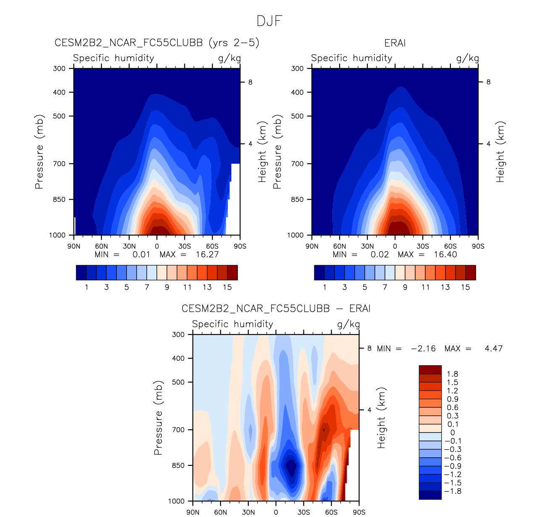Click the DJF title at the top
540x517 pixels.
pyautogui.click(x=269, y=21)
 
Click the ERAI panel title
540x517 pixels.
pyautogui.click(x=395, y=43)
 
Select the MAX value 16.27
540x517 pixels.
pyautogui.click(x=207, y=254)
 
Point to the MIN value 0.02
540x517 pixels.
pyautogui.click(x=379, y=254)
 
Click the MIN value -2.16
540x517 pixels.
pyautogui.click(x=423, y=348)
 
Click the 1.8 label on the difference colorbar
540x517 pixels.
pyautogui.click(x=453, y=374)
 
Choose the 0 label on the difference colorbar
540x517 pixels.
pyautogui.click(x=453, y=433)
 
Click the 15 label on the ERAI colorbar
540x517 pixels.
pyautogui.click(x=466, y=287)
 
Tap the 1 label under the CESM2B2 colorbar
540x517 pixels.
pyautogui.click(x=87, y=287)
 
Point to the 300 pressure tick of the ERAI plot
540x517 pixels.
pyautogui.click(x=298, y=69)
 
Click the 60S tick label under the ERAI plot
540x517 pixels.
pyautogui.click(x=450, y=246)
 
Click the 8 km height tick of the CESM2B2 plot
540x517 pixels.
pyautogui.click(x=250, y=82)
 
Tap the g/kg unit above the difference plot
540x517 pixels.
pyautogui.click(x=348, y=324)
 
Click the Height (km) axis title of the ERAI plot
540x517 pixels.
pyautogui.click(x=500, y=152)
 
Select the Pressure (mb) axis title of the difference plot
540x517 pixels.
pyautogui.click(x=158, y=418)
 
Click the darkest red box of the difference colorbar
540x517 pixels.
pyautogui.click(x=430, y=370)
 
